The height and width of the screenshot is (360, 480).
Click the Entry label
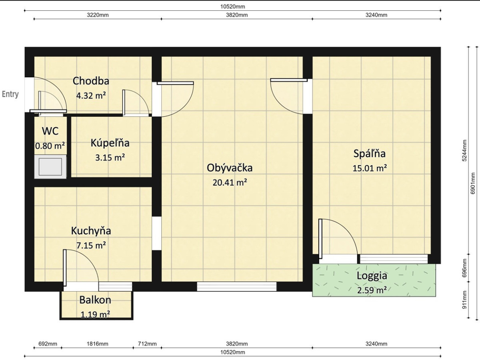point(10,94)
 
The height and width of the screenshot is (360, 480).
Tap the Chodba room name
point(91,81)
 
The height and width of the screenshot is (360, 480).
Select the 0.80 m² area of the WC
point(50,146)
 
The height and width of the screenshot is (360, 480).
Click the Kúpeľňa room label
point(110,143)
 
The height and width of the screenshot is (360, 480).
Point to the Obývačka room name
point(230,168)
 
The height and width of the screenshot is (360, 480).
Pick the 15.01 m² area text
point(370,168)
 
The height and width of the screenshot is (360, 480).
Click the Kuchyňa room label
point(91,231)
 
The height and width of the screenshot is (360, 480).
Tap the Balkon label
point(95,300)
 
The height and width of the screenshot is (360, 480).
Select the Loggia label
point(372,276)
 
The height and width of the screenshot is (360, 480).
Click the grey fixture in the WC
point(50,167)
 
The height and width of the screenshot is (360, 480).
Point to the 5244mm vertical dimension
point(465,151)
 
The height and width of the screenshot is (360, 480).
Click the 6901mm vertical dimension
point(473,183)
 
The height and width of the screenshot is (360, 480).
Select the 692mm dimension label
point(48,344)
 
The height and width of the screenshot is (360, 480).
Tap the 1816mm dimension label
point(98,344)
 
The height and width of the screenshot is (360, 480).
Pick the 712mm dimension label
point(147,344)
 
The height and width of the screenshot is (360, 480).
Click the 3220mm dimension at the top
point(98,15)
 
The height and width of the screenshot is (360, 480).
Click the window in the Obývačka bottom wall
point(237,286)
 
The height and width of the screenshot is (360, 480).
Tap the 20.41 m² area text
point(230,182)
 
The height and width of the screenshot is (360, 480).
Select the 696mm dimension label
point(465,268)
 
